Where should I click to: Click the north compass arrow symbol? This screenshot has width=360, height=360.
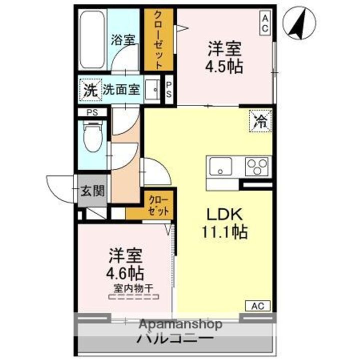click(x=300, y=23)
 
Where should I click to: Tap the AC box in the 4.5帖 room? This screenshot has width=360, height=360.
click(x=265, y=22)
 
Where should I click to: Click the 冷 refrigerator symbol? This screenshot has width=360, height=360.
click(x=261, y=120)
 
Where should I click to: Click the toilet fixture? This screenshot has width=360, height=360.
click(x=92, y=137)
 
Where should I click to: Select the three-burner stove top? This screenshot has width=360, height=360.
click(x=256, y=165)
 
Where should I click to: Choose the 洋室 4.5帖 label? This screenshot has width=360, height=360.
click(x=225, y=57)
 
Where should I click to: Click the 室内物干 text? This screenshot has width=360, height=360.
click(x=132, y=288)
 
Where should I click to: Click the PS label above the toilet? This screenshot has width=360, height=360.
click(x=92, y=112)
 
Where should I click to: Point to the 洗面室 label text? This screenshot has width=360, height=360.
click(x=121, y=91)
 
